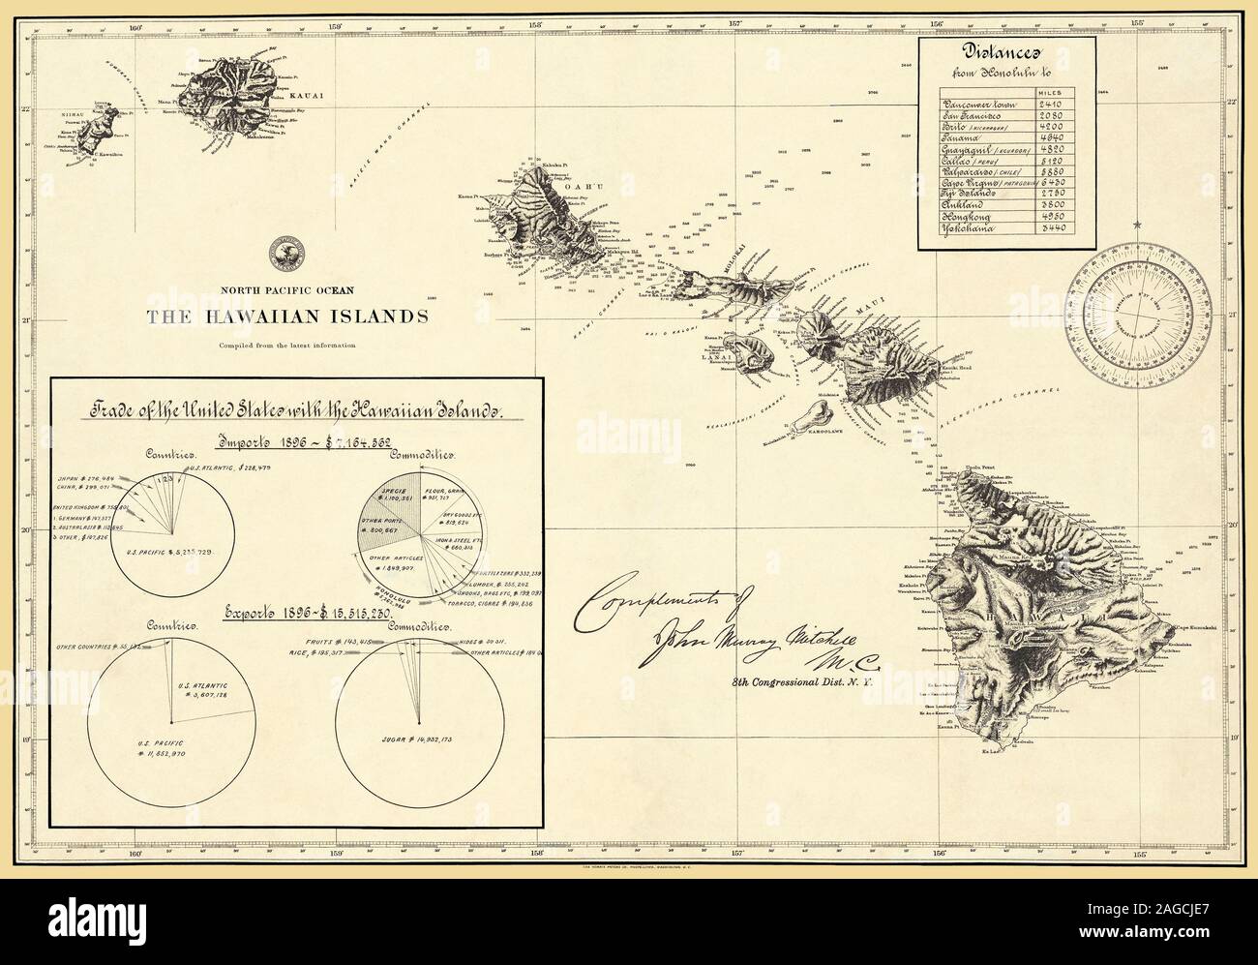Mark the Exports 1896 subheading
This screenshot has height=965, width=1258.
294,614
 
